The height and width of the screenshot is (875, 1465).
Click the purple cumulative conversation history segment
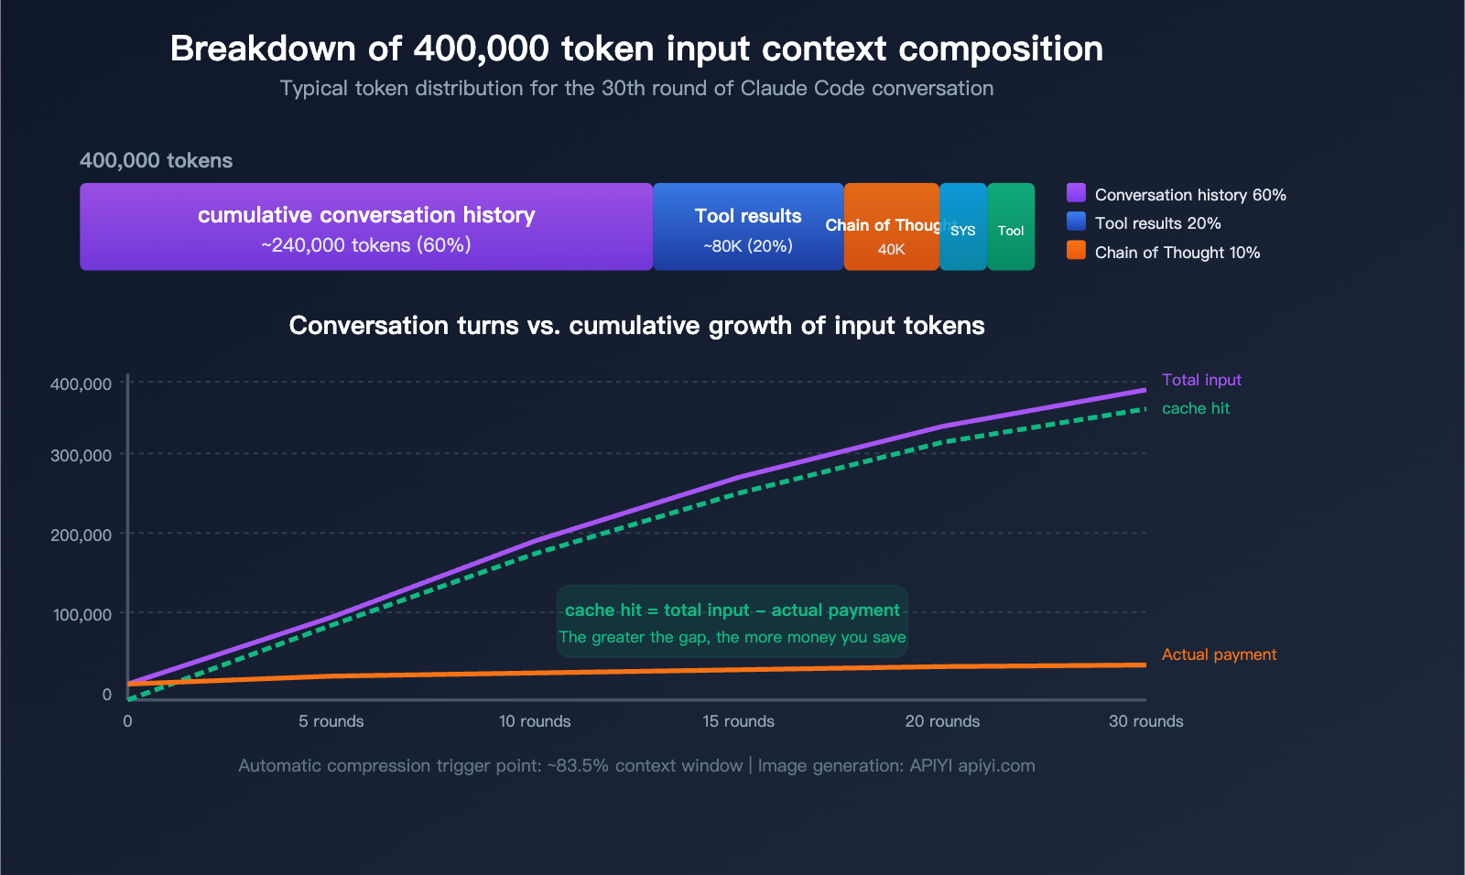[x=366, y=227]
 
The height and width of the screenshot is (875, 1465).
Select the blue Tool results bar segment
[x=748, y=227]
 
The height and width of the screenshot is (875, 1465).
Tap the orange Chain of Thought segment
[x=891, y=227]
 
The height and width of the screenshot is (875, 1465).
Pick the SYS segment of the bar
[x=963, y=227]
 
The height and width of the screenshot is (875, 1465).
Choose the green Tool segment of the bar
[x=1011, y=227]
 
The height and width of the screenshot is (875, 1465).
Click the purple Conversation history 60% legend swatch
[x=1076, y=193]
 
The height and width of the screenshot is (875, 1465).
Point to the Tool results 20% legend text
[x=1157, y=223]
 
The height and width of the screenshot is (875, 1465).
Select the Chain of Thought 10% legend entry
[x=1177, y=253]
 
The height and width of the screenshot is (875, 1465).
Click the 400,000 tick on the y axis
[x=81, y=383]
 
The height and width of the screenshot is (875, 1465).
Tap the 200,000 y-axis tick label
[x=81, y=535]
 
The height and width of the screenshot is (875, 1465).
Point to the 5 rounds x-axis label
[x=331, y=721]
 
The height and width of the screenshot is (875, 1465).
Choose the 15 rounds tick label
[x=738, y=721]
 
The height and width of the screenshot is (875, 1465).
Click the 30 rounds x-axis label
[x=1145, y=721]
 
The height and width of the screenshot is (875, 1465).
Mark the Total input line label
[x=1201, y=380]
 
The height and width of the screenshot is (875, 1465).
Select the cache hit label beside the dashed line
[x=1195, y=408]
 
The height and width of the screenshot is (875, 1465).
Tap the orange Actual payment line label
[x=1219, y=654]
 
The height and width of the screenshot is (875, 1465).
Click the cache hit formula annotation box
[x=732, y=622]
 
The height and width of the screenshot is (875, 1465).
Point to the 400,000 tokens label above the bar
[x=156, y=160]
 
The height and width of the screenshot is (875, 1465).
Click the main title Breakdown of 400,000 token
[x=636, y=49]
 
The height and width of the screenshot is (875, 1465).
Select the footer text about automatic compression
[x=636, y=765]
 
